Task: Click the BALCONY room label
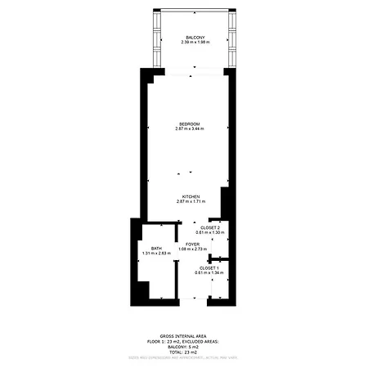click(x=195, y=38)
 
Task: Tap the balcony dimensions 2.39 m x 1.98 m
click(x=195, y=43)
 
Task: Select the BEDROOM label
click(x=189, y=123)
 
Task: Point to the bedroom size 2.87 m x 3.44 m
click(x=189, y=129)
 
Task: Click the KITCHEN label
click(x=191, y=196)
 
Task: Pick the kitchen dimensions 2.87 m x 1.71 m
click(x=191, y=202)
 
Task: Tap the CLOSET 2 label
click(x=210, y=228)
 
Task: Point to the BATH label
click(x=156, y=249)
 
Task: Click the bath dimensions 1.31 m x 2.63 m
click(x=156, y=254)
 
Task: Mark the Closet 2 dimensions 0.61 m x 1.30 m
click(x=210, y=234)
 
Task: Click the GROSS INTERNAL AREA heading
click(x=184, y=336)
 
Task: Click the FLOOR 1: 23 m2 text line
click(x=184, y=341)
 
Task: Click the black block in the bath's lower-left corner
click(x=144, y=290)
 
